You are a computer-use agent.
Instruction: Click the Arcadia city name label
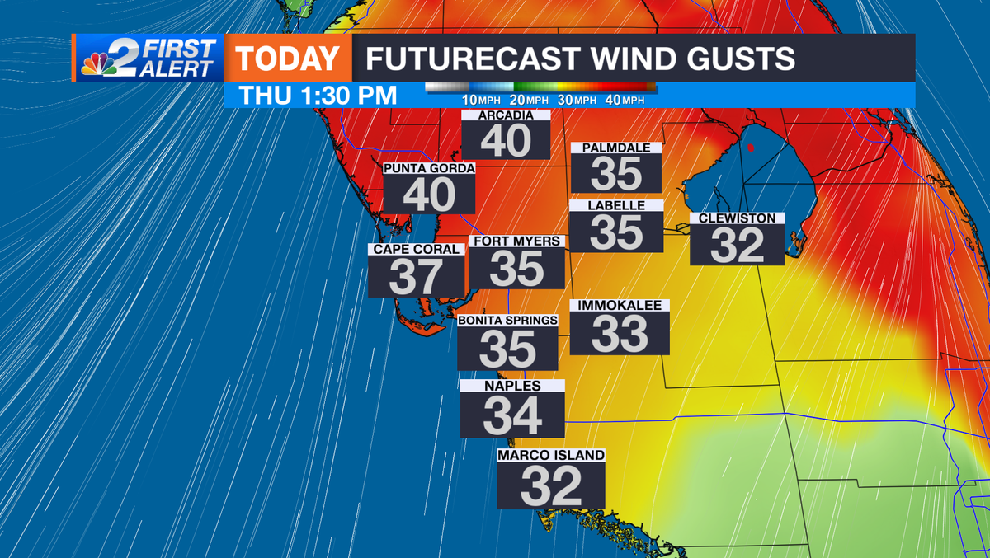[x=506, y=115]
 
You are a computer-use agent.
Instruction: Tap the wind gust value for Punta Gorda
[x=429, y=195]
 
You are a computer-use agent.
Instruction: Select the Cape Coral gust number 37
[x=416, y=277]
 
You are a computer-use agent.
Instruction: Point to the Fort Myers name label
[x=516, y=241]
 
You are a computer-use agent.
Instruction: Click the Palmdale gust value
[x=616, y=174]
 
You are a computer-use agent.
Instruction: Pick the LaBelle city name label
[x=616, y=205]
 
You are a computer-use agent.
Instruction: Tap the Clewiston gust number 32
[x=737, y=246]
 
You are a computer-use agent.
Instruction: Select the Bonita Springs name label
[x=508, y=320]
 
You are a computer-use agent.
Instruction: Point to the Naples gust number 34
[x=512, y=416]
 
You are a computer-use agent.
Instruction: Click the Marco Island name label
[x=551, y=455]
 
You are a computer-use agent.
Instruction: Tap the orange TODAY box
[x=288, y=59]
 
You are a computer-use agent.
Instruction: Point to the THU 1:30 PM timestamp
[x=318, y=95]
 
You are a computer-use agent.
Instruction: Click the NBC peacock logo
[x=98, y=61]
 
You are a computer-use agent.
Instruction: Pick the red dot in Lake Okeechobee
[x=751, y=148]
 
